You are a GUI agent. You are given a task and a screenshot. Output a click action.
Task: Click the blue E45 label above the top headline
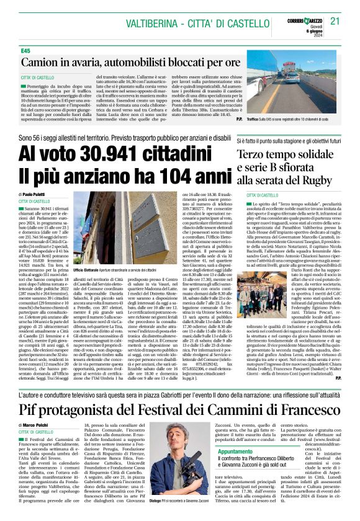coord(25,50)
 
